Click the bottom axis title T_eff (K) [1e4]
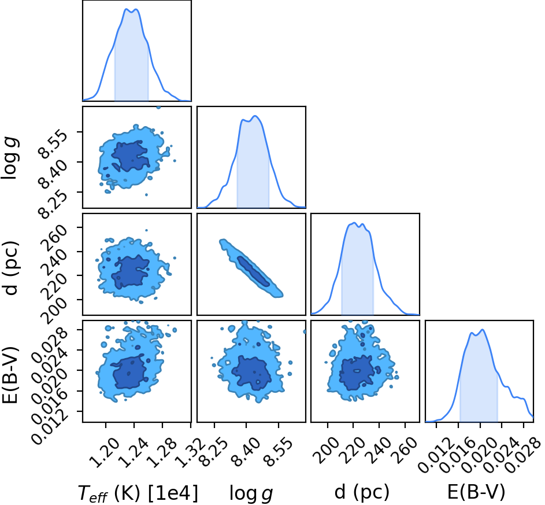[x=138, y=493]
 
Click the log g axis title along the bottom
[x=251, y=494]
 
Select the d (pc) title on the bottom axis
[x=362, y=492]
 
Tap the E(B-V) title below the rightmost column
[x=476, y=492]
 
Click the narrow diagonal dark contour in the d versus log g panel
[x=253, y=271]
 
